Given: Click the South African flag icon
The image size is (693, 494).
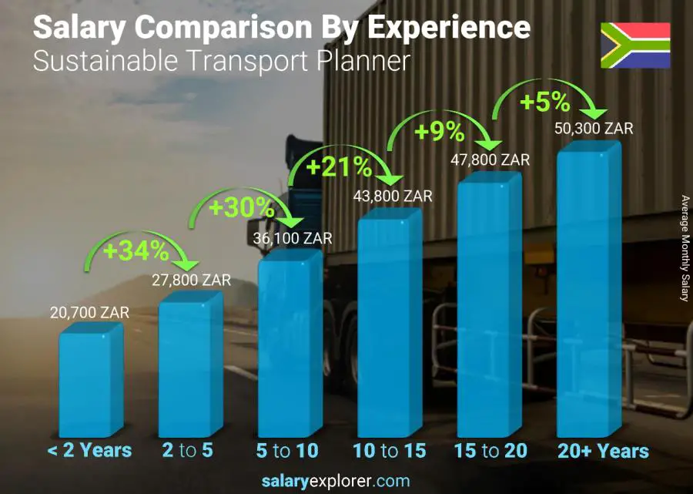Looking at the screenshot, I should pyautogui.click(x=635, y=45).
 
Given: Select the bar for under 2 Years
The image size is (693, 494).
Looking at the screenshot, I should pyautogui.click(x=90, y=380).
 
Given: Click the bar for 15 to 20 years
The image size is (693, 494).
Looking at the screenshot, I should pyautogui.click(x=489, y=308).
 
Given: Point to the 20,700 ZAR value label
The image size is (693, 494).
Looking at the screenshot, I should pyautogui.click(x=91, y=313).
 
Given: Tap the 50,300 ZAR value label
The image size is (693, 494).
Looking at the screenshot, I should pyautogui.click(x=594, y=129).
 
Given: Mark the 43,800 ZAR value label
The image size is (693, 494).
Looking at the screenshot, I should pyautogui.click(x=393, y=197).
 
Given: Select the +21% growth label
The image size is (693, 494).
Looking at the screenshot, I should pyautogui.click(x=339, y=166).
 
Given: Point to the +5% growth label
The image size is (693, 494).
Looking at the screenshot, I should pyautogui.click(x=544, y=102).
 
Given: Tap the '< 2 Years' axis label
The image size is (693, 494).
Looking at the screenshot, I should pyautogui.click(x=89, y=450).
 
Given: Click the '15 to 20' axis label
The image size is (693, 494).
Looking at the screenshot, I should pyautogui.click(x=490, y=450).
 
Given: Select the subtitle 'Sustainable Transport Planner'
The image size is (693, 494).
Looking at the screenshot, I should pyautogui.click(x=222, y=61).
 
